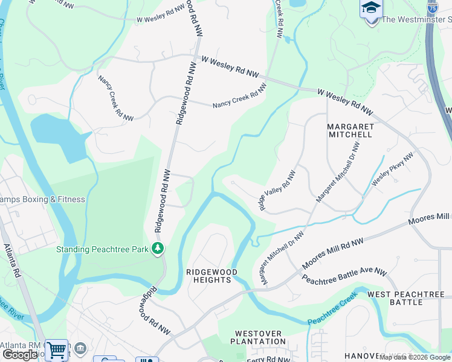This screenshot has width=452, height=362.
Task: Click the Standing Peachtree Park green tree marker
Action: [158, 248]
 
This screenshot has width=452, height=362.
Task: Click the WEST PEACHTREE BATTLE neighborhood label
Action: [406, 298]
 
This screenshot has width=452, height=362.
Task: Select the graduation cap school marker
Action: [371, 9]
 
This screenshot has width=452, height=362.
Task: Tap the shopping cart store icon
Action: [56, 349]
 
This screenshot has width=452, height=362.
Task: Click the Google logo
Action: [20, 355]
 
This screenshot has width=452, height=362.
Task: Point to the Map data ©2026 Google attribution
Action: [415, 357]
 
